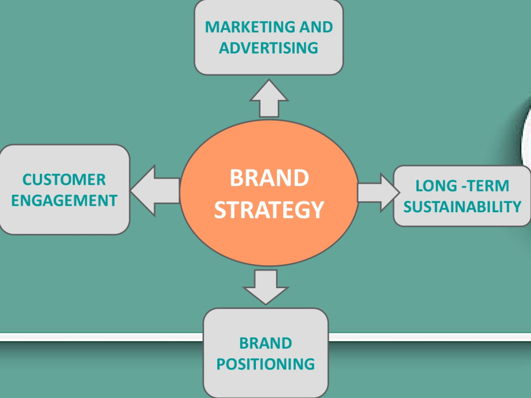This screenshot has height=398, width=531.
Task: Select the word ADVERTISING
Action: point(269,48)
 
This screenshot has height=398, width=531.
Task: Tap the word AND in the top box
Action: point(316,27)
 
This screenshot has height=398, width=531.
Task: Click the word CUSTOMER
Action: point(64,180)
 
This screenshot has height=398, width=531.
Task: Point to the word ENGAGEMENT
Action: point(64,201)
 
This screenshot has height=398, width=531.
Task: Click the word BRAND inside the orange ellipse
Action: point(270,178)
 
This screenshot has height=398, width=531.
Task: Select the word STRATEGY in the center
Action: point(269,210)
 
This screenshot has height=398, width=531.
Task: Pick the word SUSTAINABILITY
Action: point(463,207)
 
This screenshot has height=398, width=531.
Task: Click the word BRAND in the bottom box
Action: point(265,343)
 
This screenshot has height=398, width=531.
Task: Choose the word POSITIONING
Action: point(265,364)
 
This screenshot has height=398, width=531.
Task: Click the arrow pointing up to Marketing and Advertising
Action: point(269,99)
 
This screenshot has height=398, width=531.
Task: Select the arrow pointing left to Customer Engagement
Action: point(155,191)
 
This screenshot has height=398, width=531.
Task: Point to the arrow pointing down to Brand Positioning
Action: point(266,287)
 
